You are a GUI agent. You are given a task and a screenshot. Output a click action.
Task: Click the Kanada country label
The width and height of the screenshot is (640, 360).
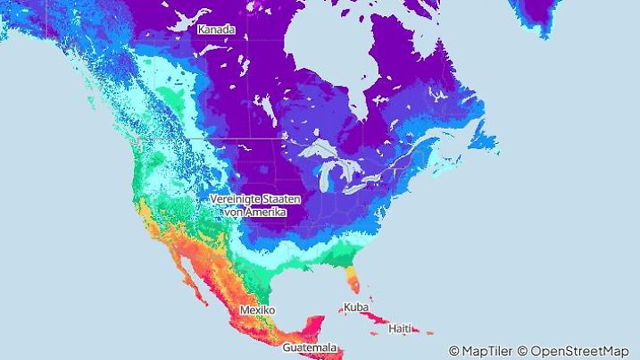coord(216,29)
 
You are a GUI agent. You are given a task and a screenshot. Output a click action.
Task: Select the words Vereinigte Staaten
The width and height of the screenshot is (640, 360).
coord(254,198)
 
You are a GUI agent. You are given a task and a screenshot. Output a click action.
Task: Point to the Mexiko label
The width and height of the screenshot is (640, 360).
coord(257,310)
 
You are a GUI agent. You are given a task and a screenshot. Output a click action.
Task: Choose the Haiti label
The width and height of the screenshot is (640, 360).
coord(401,329)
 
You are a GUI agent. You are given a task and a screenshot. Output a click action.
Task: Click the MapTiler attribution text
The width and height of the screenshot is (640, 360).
coord(480,351)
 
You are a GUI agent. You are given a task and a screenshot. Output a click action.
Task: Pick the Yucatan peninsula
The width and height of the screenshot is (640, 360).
coord(312,323)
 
